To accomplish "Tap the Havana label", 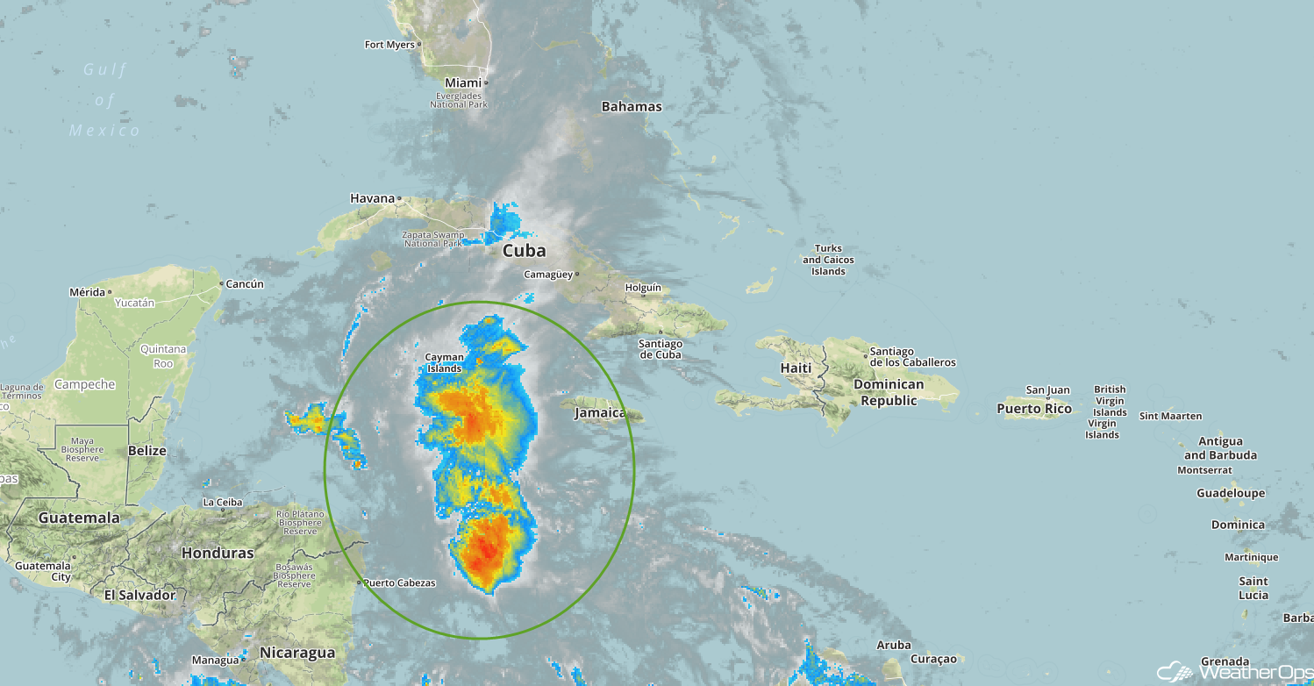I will tap(373, 198).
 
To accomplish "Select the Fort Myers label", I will tap(388, 44).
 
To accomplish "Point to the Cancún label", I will tap(245, 283).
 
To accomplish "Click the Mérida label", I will tap(87, 291).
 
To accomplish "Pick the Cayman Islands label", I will tap(444, 363).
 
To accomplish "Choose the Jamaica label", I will tap(600, 412).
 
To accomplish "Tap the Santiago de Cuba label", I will tap(661, 349).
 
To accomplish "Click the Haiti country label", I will tap(796, 368).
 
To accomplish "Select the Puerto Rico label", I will tap(1034, 409).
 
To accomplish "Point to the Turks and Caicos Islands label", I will tap(828, 260).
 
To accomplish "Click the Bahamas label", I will tap(632, 106).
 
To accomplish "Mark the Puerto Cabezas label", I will tap(399, 582).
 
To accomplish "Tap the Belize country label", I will tap(146, 450).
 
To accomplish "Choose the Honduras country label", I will tap(218, 553).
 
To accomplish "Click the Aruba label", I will tap(894, 645).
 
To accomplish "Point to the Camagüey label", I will tap(549, 274).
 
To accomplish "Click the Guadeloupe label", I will tap(1231, 493).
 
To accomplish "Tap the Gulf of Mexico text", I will tap(105, 100).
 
